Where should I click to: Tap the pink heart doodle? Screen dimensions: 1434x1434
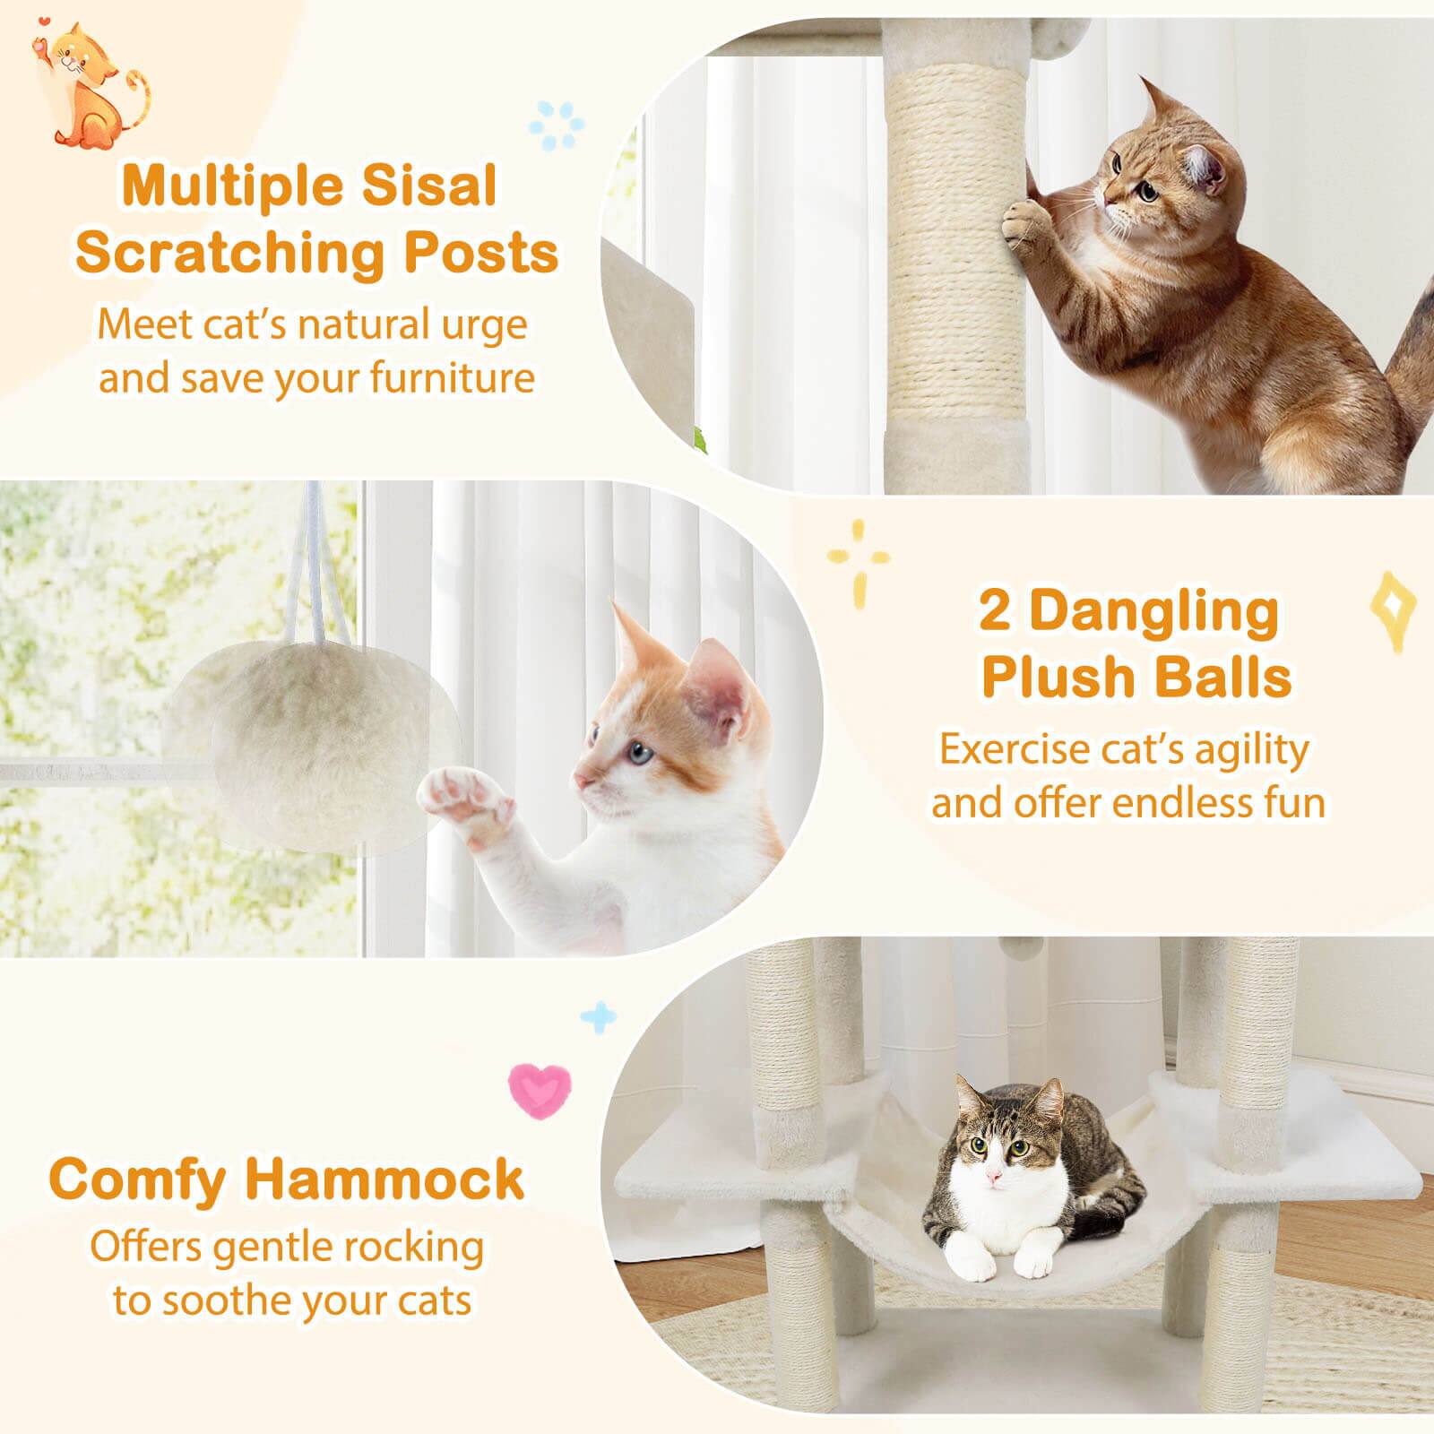coord(540,1088)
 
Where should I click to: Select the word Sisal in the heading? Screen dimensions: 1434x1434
coord(433,187)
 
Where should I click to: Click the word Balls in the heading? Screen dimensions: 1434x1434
coord(1228,678)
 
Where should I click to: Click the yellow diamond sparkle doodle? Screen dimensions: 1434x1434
coord(1393,609)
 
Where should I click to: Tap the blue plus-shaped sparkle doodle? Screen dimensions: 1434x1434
coord(599,1017)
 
